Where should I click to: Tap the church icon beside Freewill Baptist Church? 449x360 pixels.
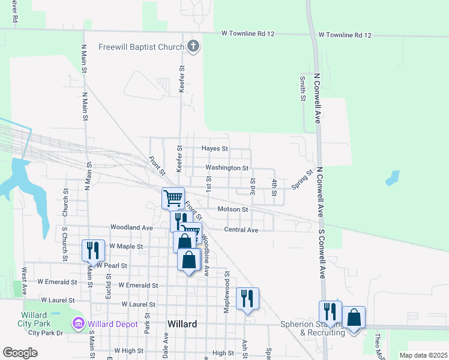coord(193,46)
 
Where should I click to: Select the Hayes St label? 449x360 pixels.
coord(215,148)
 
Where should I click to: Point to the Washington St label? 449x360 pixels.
coord(227,168)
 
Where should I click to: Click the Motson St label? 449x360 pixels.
coord(232,209)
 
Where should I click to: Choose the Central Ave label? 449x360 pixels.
coord(241,230)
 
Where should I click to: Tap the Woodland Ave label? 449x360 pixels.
coord(131,227)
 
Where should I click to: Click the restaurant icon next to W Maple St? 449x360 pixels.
coord(93,250)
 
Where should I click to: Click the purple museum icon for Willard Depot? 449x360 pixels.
coord(78,325)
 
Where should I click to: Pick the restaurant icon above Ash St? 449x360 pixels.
coord(247,298)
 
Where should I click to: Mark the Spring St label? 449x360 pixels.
coord(303,179)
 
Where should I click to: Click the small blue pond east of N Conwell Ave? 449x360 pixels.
coord(393,178)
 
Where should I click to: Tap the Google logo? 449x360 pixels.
coord(20,353)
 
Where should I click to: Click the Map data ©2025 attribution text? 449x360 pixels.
coord(423,355)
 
